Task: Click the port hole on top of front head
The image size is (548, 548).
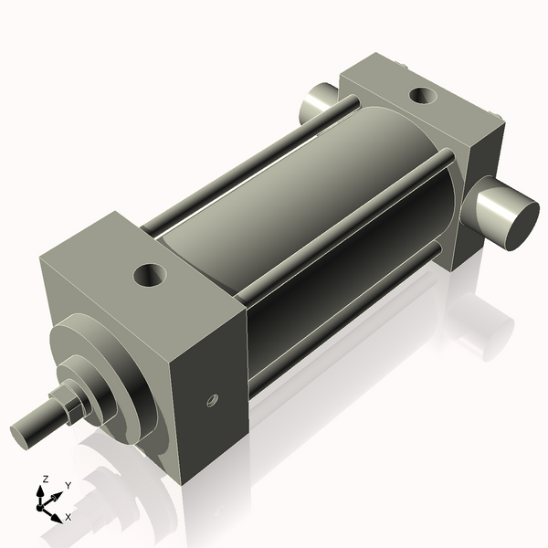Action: (x=147, y=274)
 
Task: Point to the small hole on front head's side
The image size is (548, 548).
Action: (x=212, y=399)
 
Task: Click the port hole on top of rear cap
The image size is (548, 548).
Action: (x=422, y=94)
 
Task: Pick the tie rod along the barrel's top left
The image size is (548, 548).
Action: (x=247, y=164)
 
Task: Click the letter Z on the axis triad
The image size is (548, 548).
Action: (x=45, y=479)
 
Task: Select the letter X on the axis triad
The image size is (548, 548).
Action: (x=68, y=517)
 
